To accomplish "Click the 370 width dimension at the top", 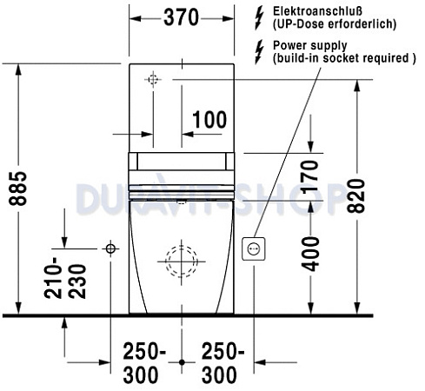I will pos(181,17).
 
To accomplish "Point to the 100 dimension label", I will pos(209,120).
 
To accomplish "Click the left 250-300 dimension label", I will pos(140,362).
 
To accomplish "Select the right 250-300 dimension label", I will pos(223,362).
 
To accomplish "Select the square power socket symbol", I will pos(254,249).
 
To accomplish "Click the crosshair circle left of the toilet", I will pos(110,249).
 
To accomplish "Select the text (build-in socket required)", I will pos(344,58).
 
